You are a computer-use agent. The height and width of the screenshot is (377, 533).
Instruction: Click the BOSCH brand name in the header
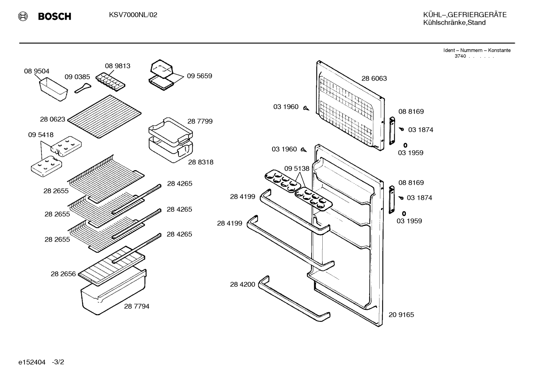54,16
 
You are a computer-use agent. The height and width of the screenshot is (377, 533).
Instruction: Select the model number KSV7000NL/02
133,15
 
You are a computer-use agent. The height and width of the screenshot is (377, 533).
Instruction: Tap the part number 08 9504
37,71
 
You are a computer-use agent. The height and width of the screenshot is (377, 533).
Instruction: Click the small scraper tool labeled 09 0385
82,88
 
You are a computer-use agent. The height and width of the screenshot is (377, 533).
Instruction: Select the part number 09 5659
199,76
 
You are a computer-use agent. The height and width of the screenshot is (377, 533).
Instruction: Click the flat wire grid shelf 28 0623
104,116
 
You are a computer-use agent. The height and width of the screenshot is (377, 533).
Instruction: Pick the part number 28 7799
200,121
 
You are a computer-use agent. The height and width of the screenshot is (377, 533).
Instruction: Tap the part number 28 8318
201,162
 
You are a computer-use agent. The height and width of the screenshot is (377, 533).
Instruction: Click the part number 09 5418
41,135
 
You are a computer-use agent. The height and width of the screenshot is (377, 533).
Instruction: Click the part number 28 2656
63,274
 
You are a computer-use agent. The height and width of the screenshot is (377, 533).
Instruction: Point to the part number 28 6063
374,78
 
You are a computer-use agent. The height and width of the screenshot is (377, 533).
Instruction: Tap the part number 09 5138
297,169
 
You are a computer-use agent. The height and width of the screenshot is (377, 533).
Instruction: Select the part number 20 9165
401,315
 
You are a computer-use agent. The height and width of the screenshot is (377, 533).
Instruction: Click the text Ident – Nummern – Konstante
477,50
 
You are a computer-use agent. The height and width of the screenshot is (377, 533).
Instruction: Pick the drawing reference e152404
32,362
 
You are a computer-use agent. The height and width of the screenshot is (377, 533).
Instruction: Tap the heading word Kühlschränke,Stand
454,23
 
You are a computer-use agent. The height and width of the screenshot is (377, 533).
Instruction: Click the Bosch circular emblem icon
23,16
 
